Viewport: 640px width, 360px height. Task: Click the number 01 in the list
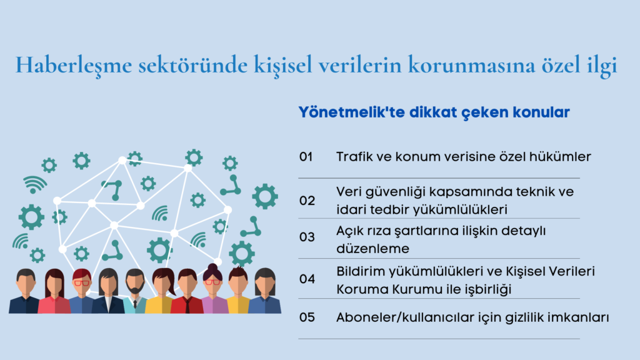306,157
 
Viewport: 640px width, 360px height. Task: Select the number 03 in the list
307,237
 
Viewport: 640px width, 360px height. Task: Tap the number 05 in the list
307,317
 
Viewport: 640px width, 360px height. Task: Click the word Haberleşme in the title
74,65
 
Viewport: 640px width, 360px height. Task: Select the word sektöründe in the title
192,65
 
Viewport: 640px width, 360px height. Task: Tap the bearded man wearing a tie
135,291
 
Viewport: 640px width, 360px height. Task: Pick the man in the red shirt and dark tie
187,291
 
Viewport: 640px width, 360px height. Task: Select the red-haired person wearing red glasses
82,291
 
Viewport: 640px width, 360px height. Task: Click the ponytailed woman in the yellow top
162,291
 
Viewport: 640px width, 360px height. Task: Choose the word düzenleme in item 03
372,249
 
